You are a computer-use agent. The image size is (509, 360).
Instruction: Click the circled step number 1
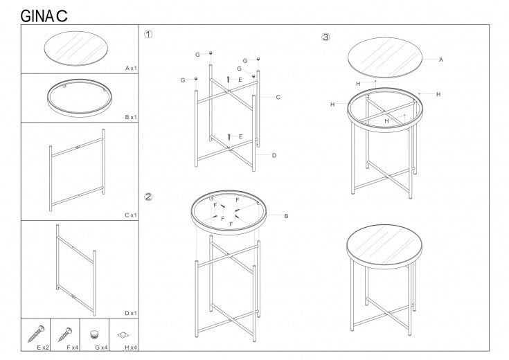148,34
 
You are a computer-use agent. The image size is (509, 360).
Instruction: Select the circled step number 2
148,196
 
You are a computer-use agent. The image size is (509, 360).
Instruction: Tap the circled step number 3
325,37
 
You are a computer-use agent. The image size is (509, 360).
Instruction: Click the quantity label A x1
131,69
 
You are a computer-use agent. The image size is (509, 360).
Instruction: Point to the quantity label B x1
131,118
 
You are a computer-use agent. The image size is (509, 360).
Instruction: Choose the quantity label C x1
131,215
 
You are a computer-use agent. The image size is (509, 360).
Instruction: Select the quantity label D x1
131,313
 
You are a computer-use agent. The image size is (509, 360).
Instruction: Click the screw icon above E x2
35,332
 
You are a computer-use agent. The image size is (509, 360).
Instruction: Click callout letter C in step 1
278,97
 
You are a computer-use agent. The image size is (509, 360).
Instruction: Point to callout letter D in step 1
274,155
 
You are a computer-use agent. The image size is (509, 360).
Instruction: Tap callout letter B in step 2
286,216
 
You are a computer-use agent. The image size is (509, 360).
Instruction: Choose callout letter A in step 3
440,60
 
